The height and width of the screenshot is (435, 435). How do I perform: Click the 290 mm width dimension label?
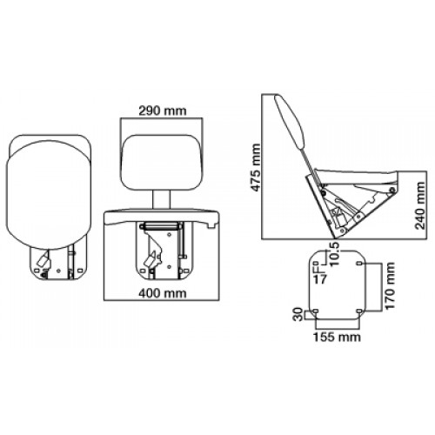[162, 110]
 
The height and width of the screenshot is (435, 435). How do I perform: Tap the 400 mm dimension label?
[162, 293]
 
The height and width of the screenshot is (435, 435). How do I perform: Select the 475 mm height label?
[256, 167]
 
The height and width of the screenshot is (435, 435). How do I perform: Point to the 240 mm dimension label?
[420, 205]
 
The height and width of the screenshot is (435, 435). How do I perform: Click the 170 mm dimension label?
[390, 286]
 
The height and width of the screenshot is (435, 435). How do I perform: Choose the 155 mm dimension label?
[337, 337]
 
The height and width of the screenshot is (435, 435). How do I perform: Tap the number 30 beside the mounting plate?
[298, 315]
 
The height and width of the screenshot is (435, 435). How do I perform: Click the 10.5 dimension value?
[334, 254]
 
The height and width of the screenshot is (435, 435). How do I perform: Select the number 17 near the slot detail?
[320, 279]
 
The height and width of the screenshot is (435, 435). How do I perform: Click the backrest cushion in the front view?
[162, 163]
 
